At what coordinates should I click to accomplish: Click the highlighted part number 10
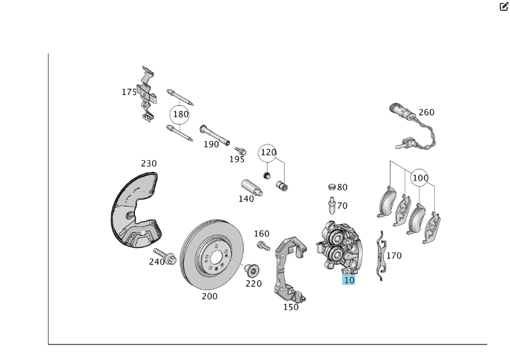(x=348, y=280)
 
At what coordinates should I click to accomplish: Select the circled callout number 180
(x=180, y=114)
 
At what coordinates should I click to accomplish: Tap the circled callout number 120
(x=268, y=152)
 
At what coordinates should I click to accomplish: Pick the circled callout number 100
(x=420, y=178)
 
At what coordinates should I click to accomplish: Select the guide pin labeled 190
(x=214, y=134)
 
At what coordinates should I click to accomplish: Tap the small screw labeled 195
(x=240, y=151)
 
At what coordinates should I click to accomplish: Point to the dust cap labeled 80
(x=332, y=187)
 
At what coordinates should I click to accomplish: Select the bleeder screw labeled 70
(x=331, y=205)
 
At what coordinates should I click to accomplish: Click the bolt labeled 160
(x=263, y=246)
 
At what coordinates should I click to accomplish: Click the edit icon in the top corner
(x=503, y=7)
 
